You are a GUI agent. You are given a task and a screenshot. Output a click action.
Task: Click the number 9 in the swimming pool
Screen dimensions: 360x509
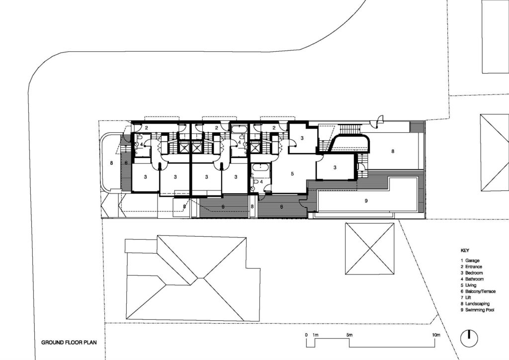pos(366,201)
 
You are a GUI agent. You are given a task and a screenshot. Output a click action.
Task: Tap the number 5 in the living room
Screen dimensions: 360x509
pos(293,174)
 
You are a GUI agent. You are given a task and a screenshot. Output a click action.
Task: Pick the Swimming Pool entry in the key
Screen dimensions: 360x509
pos(480,310)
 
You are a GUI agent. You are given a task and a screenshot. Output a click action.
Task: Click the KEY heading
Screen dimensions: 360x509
pos(465,251)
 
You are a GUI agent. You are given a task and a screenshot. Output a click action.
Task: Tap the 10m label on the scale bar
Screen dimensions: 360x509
pos(436,335)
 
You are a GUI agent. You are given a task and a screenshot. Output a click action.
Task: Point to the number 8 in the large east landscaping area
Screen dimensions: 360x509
pos(393,151)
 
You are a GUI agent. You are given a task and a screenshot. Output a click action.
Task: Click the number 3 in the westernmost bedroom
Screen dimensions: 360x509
pos(146,177)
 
